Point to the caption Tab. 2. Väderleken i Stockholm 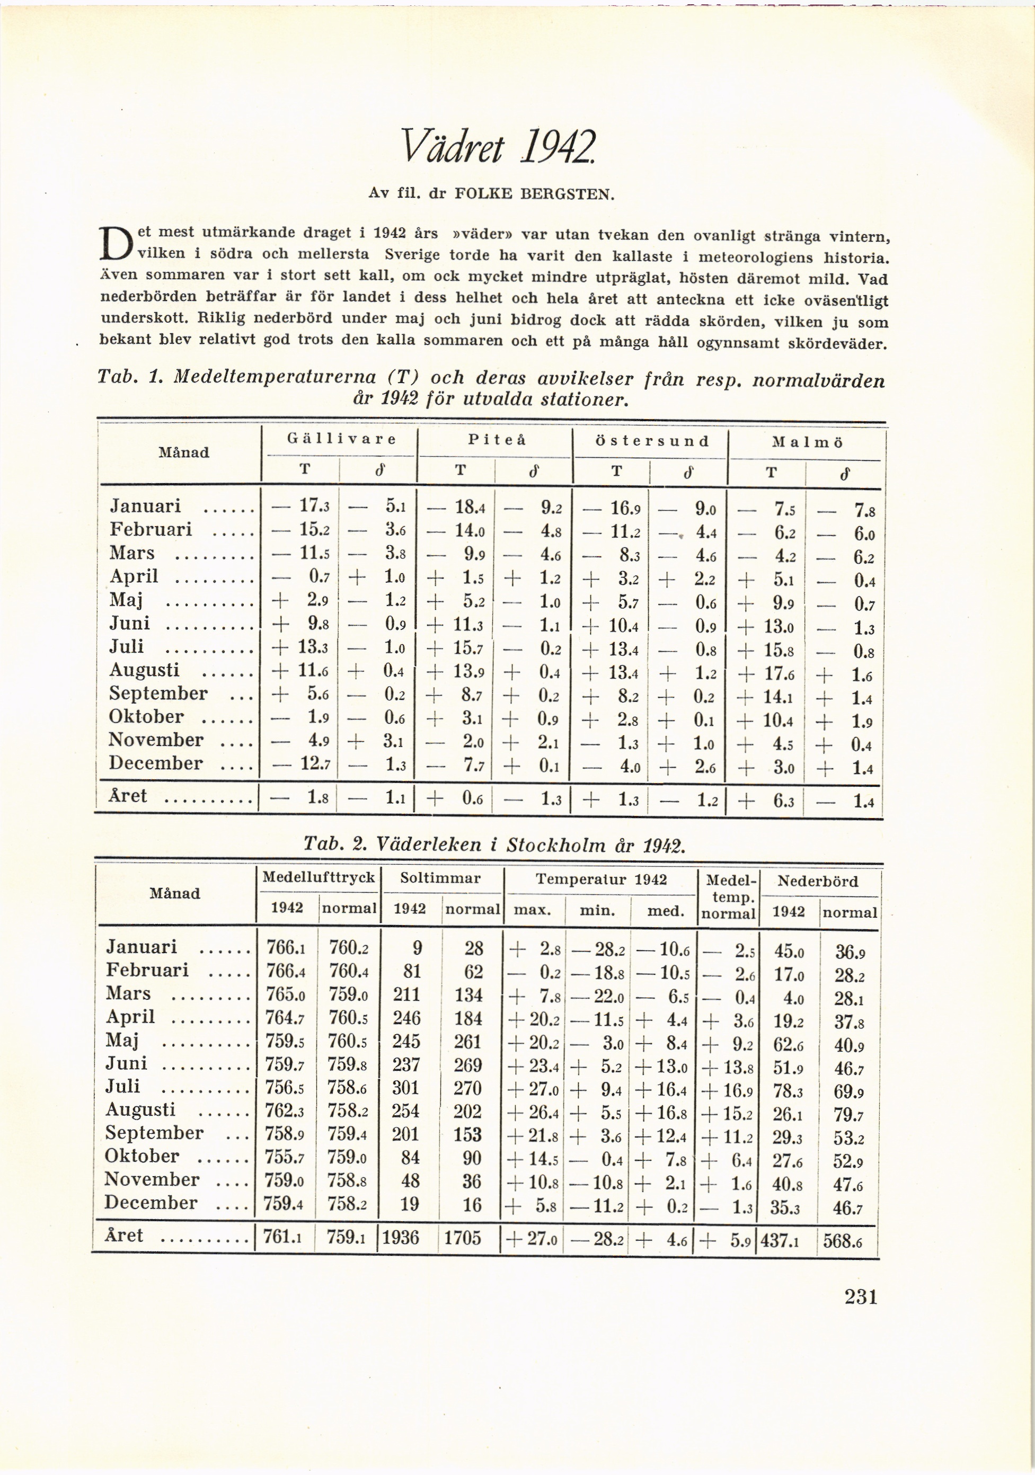(x=494, y=844)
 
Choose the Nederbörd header (x=817, y=881)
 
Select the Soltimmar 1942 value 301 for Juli (x=406, y=1088)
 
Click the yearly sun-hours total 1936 (x=400, y=1237)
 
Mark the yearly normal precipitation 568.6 (x=847, y=1240)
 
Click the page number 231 (x=860, y=1297)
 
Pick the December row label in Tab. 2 (x=151, y=1203)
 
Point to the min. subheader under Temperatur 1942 (x=597, y=910)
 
